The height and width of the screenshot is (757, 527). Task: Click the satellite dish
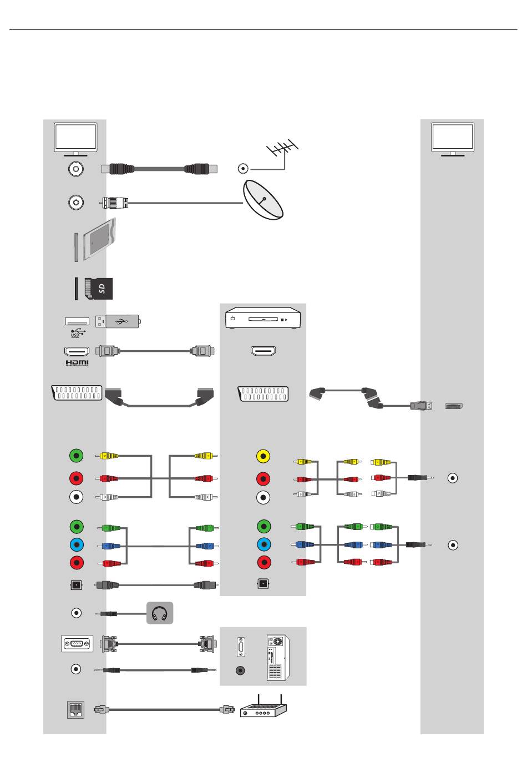pyautogui.click(x=263, y=199)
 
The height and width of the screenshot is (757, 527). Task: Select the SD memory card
pyautogui.click(x=98, y=289)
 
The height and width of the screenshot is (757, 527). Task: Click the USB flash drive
pyautogui.click(x=118, y=321)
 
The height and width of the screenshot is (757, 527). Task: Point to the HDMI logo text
pyautogui.click(x=77, y=362)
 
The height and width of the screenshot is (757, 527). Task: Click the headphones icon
pyautogui.click(x=159, y=613)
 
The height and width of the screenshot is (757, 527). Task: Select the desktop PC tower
pyautogui.click(x=278, y=657)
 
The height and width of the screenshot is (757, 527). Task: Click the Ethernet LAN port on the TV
pyautogui.click(x=75, y=709)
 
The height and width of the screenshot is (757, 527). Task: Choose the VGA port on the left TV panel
pyautogui.click(x=77, y=643)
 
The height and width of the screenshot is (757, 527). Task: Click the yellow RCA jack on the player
pyautogui.click(x=263, y=456)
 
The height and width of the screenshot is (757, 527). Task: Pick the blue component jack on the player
pyautogui.click(x=264, y=544)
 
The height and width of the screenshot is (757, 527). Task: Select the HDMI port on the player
pyautogui.click(x=263, y=351)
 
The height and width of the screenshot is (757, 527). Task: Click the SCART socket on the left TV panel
pyautogui.click(x=77, y=393)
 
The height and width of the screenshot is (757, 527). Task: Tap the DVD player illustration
pyautogui.click(x=263, y=317)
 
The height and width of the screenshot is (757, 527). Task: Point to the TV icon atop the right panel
pyautogui.click(x=452, y=139)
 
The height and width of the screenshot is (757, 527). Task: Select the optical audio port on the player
pyautogui.click(x=263, y=584)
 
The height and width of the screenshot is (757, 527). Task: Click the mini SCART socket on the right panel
pyautogui.click(x=454, y=406)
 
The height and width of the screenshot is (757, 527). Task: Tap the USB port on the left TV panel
pyautogui.click(x=77, y=321)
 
